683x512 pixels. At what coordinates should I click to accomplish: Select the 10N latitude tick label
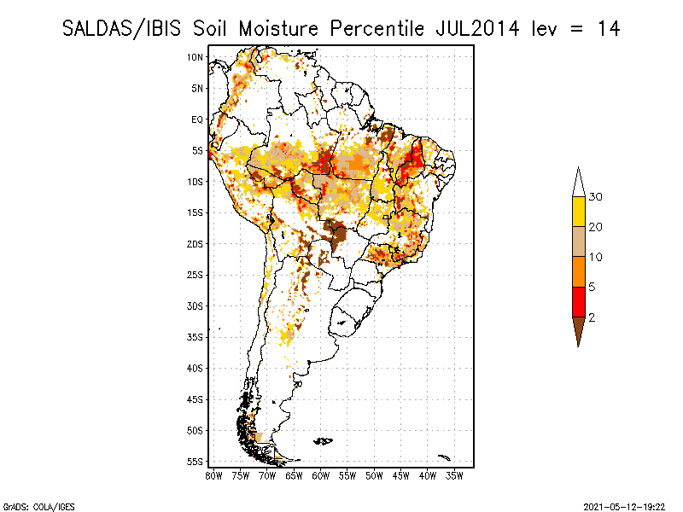click(195, 57)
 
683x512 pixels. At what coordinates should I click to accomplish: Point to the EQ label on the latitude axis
click(196, 119)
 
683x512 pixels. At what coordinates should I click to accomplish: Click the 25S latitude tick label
click(195, 275)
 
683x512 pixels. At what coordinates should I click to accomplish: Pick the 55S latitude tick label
click(195, 462)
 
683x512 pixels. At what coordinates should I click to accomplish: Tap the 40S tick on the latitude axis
click(195, 368)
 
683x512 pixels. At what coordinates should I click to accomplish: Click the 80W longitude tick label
click(213, 474)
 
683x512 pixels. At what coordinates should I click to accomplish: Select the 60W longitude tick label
click(321, 474)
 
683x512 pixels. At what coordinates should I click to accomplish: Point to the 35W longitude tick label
click(455, 474)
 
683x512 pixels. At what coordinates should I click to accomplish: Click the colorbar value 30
click(596, 197)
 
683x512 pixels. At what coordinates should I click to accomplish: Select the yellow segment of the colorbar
click(578, 212)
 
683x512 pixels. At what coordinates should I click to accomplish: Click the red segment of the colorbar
click(578, 301)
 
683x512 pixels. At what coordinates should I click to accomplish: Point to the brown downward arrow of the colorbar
click(578, 329)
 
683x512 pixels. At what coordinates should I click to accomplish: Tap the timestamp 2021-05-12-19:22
click(624, 506)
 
